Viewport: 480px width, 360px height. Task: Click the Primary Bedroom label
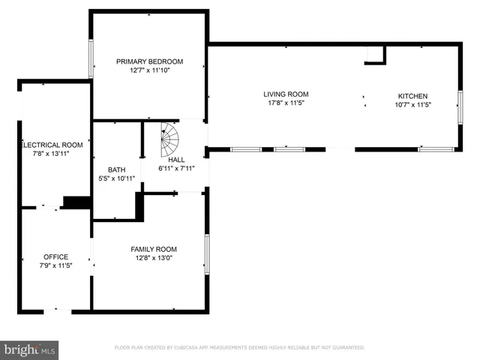(149, 61)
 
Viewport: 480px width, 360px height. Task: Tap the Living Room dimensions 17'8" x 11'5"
(286, 103)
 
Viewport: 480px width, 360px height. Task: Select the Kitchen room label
(412, 96)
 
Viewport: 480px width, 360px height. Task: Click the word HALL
(176, 160)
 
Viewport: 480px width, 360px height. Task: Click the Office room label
(55, 256)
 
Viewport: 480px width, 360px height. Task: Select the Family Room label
(154, 249)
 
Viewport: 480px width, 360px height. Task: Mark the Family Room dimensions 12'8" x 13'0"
(154, 259)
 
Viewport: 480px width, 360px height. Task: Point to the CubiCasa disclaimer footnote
(239, 347)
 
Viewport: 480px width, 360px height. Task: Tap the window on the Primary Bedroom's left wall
(91, 59)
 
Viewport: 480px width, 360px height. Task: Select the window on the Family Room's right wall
(207, 254)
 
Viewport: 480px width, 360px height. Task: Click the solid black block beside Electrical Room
(76, 202)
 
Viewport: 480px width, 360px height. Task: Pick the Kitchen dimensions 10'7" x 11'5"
(412, 105)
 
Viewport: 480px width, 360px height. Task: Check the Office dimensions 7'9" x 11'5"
(55, 265)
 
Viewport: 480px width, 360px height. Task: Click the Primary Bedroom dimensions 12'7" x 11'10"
(149, 71)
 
